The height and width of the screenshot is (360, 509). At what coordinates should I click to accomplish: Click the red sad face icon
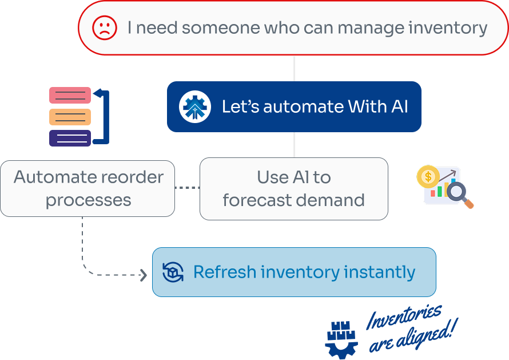pyautogui.click(x=105, y=27)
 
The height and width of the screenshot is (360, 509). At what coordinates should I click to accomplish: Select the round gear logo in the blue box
pyautogui.click(x=195, y=107)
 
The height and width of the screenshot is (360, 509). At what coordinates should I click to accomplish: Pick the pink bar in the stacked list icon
pyautogui.click(x=70, y=95)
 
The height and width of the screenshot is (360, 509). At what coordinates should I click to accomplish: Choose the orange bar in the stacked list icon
pyautogui.click(x=70, y=117)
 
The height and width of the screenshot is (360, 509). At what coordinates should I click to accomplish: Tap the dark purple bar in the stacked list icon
pyautogui.click(x=70, y=138)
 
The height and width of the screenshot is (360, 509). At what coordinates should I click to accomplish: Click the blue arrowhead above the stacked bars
pyautogui.click(x=97, y=93)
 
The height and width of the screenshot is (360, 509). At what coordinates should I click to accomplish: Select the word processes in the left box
pyautogui.click(x=88, y=200)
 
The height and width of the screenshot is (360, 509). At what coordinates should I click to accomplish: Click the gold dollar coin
pyautogui.click(x=428, y=177)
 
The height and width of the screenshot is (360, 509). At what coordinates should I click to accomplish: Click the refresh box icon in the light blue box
pyautogui.click(x=172, y=272)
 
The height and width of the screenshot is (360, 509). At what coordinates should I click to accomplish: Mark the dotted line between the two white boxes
pyautogui.click(x=187, y=188)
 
